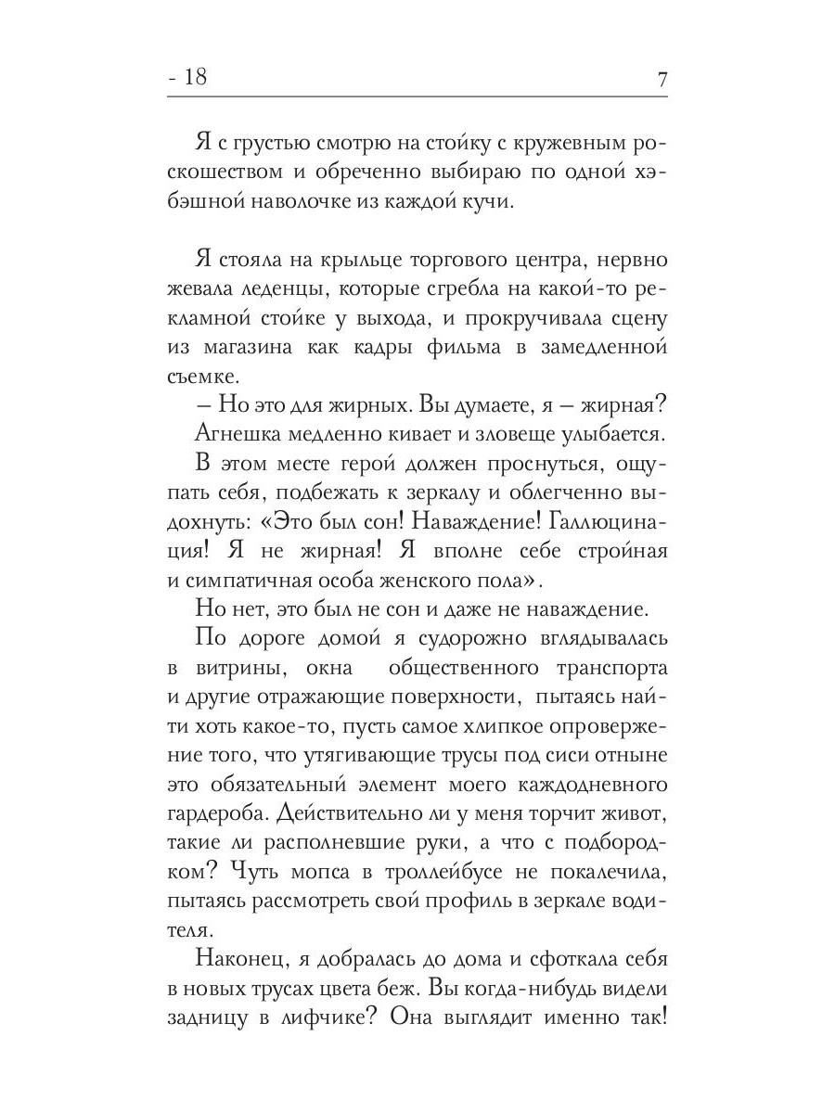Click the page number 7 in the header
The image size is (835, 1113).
[662, 79]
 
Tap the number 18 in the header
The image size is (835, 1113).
[197, 78]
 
